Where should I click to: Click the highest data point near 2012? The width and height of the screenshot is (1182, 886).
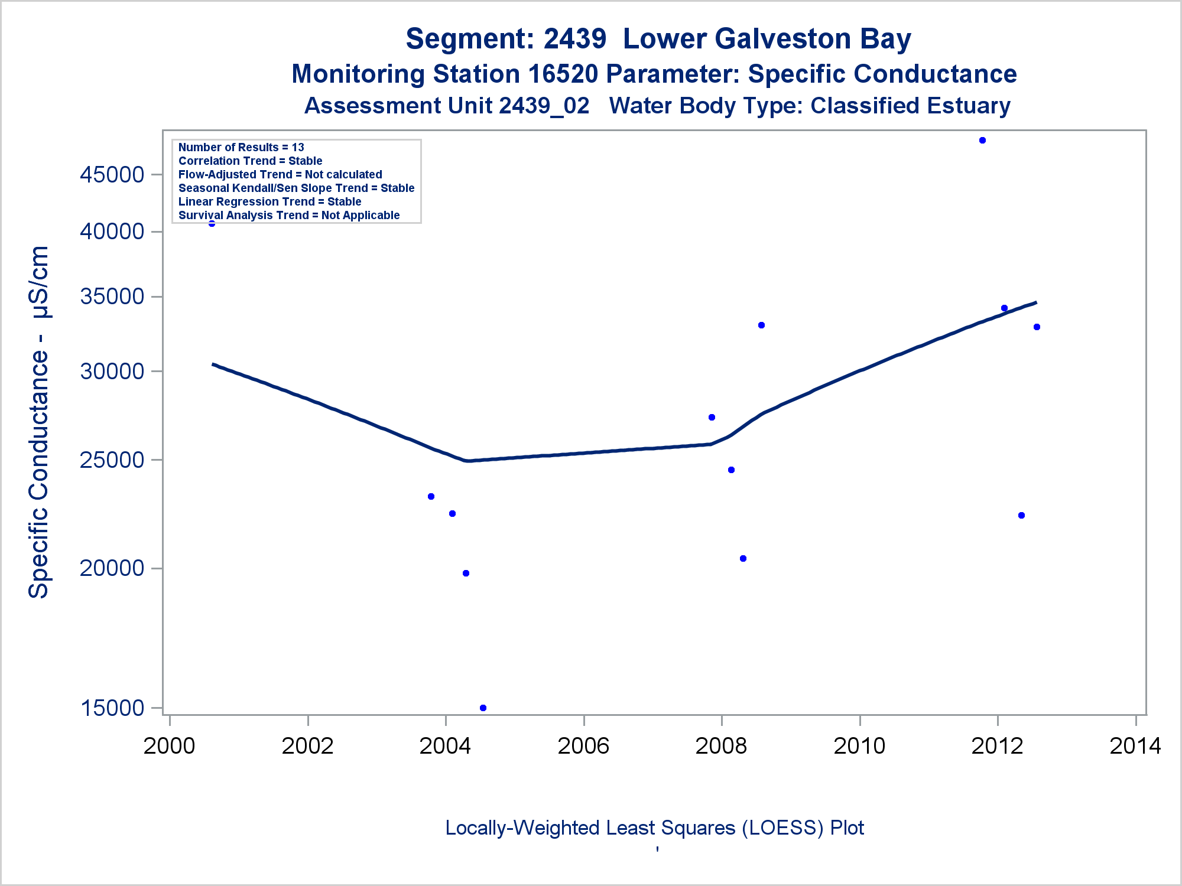pos(982,141)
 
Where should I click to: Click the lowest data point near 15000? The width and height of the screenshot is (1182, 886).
pos(483,708)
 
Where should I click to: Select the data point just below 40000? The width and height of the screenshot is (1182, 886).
pos(212,223)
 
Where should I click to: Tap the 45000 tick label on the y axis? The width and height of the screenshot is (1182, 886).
pos(112,175)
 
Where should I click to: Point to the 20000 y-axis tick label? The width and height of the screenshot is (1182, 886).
pos(112,568)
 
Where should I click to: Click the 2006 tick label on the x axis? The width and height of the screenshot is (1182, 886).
pos(583,746)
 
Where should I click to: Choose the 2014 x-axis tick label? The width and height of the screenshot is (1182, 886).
pos(1135,746)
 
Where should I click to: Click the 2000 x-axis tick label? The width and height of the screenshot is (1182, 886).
pos(170,746)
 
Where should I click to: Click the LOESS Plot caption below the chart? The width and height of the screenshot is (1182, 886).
pos(654,828)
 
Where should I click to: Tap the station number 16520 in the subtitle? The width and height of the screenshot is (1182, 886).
pos(563,74)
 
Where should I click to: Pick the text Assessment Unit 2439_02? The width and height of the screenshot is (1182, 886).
pos(447,106)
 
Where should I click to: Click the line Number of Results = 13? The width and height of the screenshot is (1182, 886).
pos(241,147)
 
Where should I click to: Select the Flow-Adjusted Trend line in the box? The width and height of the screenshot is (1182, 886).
pos(280,174)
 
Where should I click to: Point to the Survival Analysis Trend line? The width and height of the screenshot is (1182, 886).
pos(289,215)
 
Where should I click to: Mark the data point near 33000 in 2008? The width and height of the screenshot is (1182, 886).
pos(761,325)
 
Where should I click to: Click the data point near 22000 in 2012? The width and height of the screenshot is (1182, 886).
pos(1021,516)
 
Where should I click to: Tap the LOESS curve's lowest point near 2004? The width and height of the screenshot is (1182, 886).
pos(468,461)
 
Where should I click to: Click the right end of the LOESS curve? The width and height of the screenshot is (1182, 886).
pos(1035,303)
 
